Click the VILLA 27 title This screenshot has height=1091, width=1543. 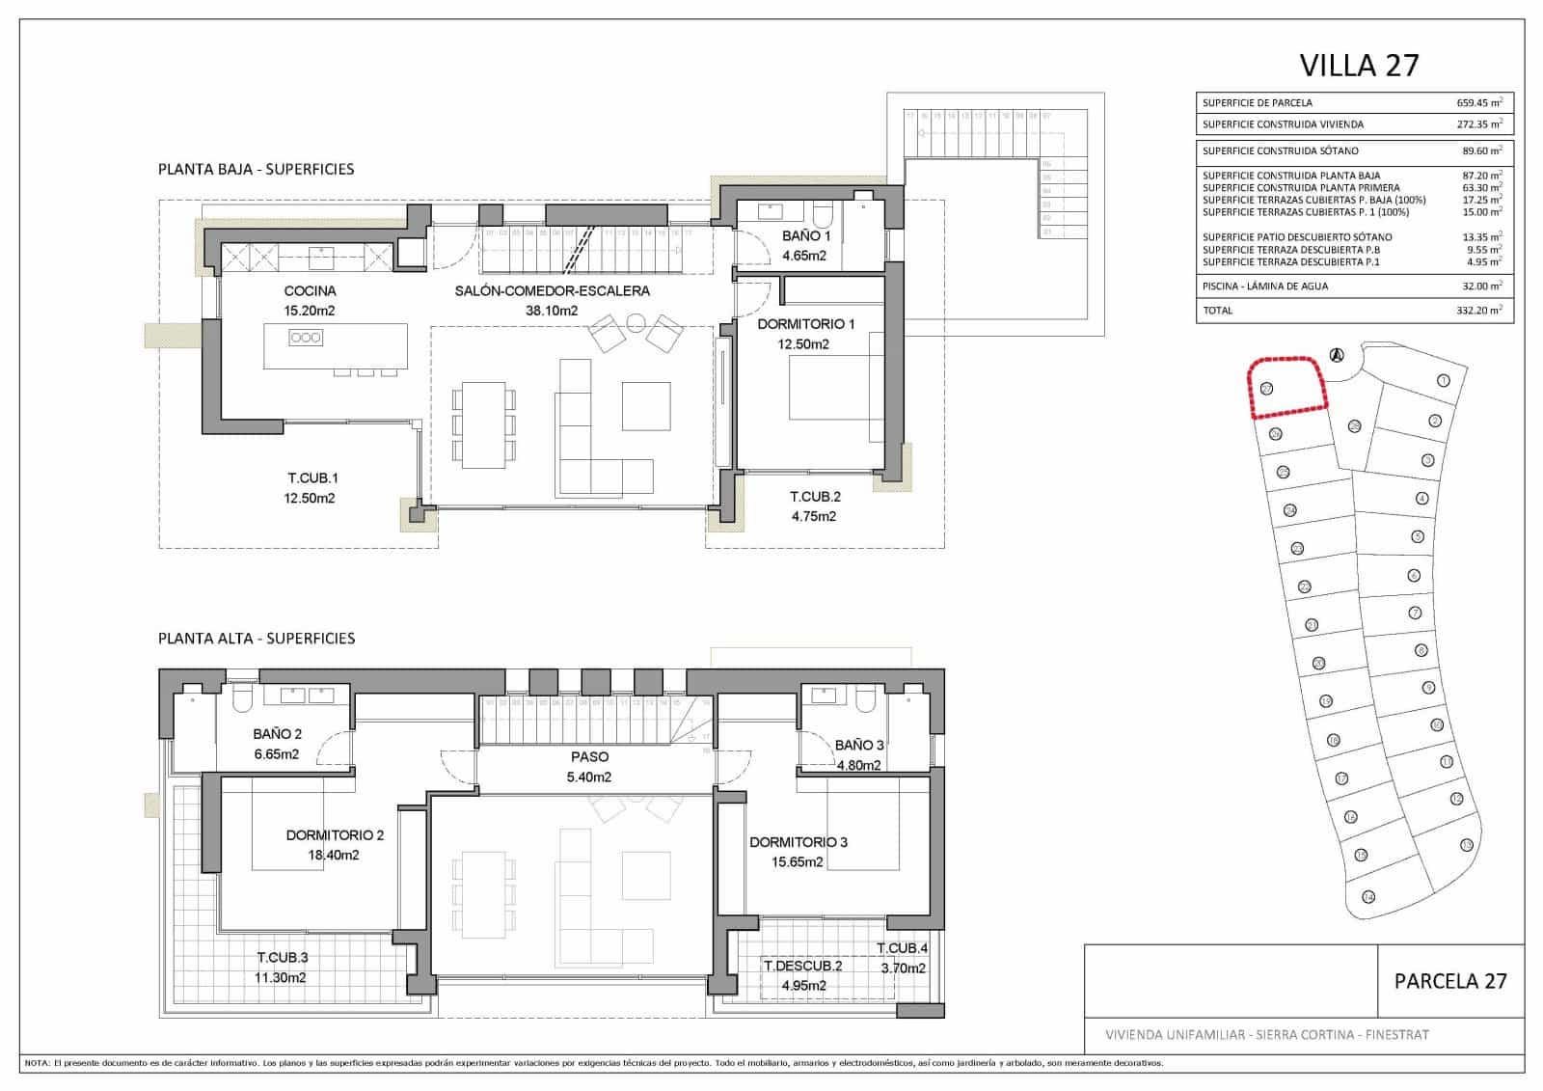pos(1359,65)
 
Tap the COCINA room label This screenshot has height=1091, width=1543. pos(310,290)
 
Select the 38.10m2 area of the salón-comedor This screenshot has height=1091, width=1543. pos(552,311)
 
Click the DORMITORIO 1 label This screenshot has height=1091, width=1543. pos(805,324)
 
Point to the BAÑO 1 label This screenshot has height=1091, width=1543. pos(806,235)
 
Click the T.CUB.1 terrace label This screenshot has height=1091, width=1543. pos(312,477)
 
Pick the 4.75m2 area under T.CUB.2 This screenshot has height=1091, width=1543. pos(813,516)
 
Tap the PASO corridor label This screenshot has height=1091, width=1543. pos(589,756)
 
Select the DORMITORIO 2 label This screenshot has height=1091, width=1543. pos(335,834)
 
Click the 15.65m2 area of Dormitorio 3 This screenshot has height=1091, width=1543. pos(798,862)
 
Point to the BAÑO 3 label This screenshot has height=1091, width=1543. pos(859,745)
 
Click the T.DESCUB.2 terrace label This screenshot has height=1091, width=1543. pos(802,966)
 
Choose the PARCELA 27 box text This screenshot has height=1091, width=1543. pos(1449,981)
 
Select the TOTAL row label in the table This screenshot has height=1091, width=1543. pos(1217,311)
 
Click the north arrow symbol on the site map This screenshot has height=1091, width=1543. pos(1336,355)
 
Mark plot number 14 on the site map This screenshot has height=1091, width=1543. pos(1367,897)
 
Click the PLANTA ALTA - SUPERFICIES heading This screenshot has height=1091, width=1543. pos(257,638)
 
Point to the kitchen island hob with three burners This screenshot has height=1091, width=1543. pos(306,338)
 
